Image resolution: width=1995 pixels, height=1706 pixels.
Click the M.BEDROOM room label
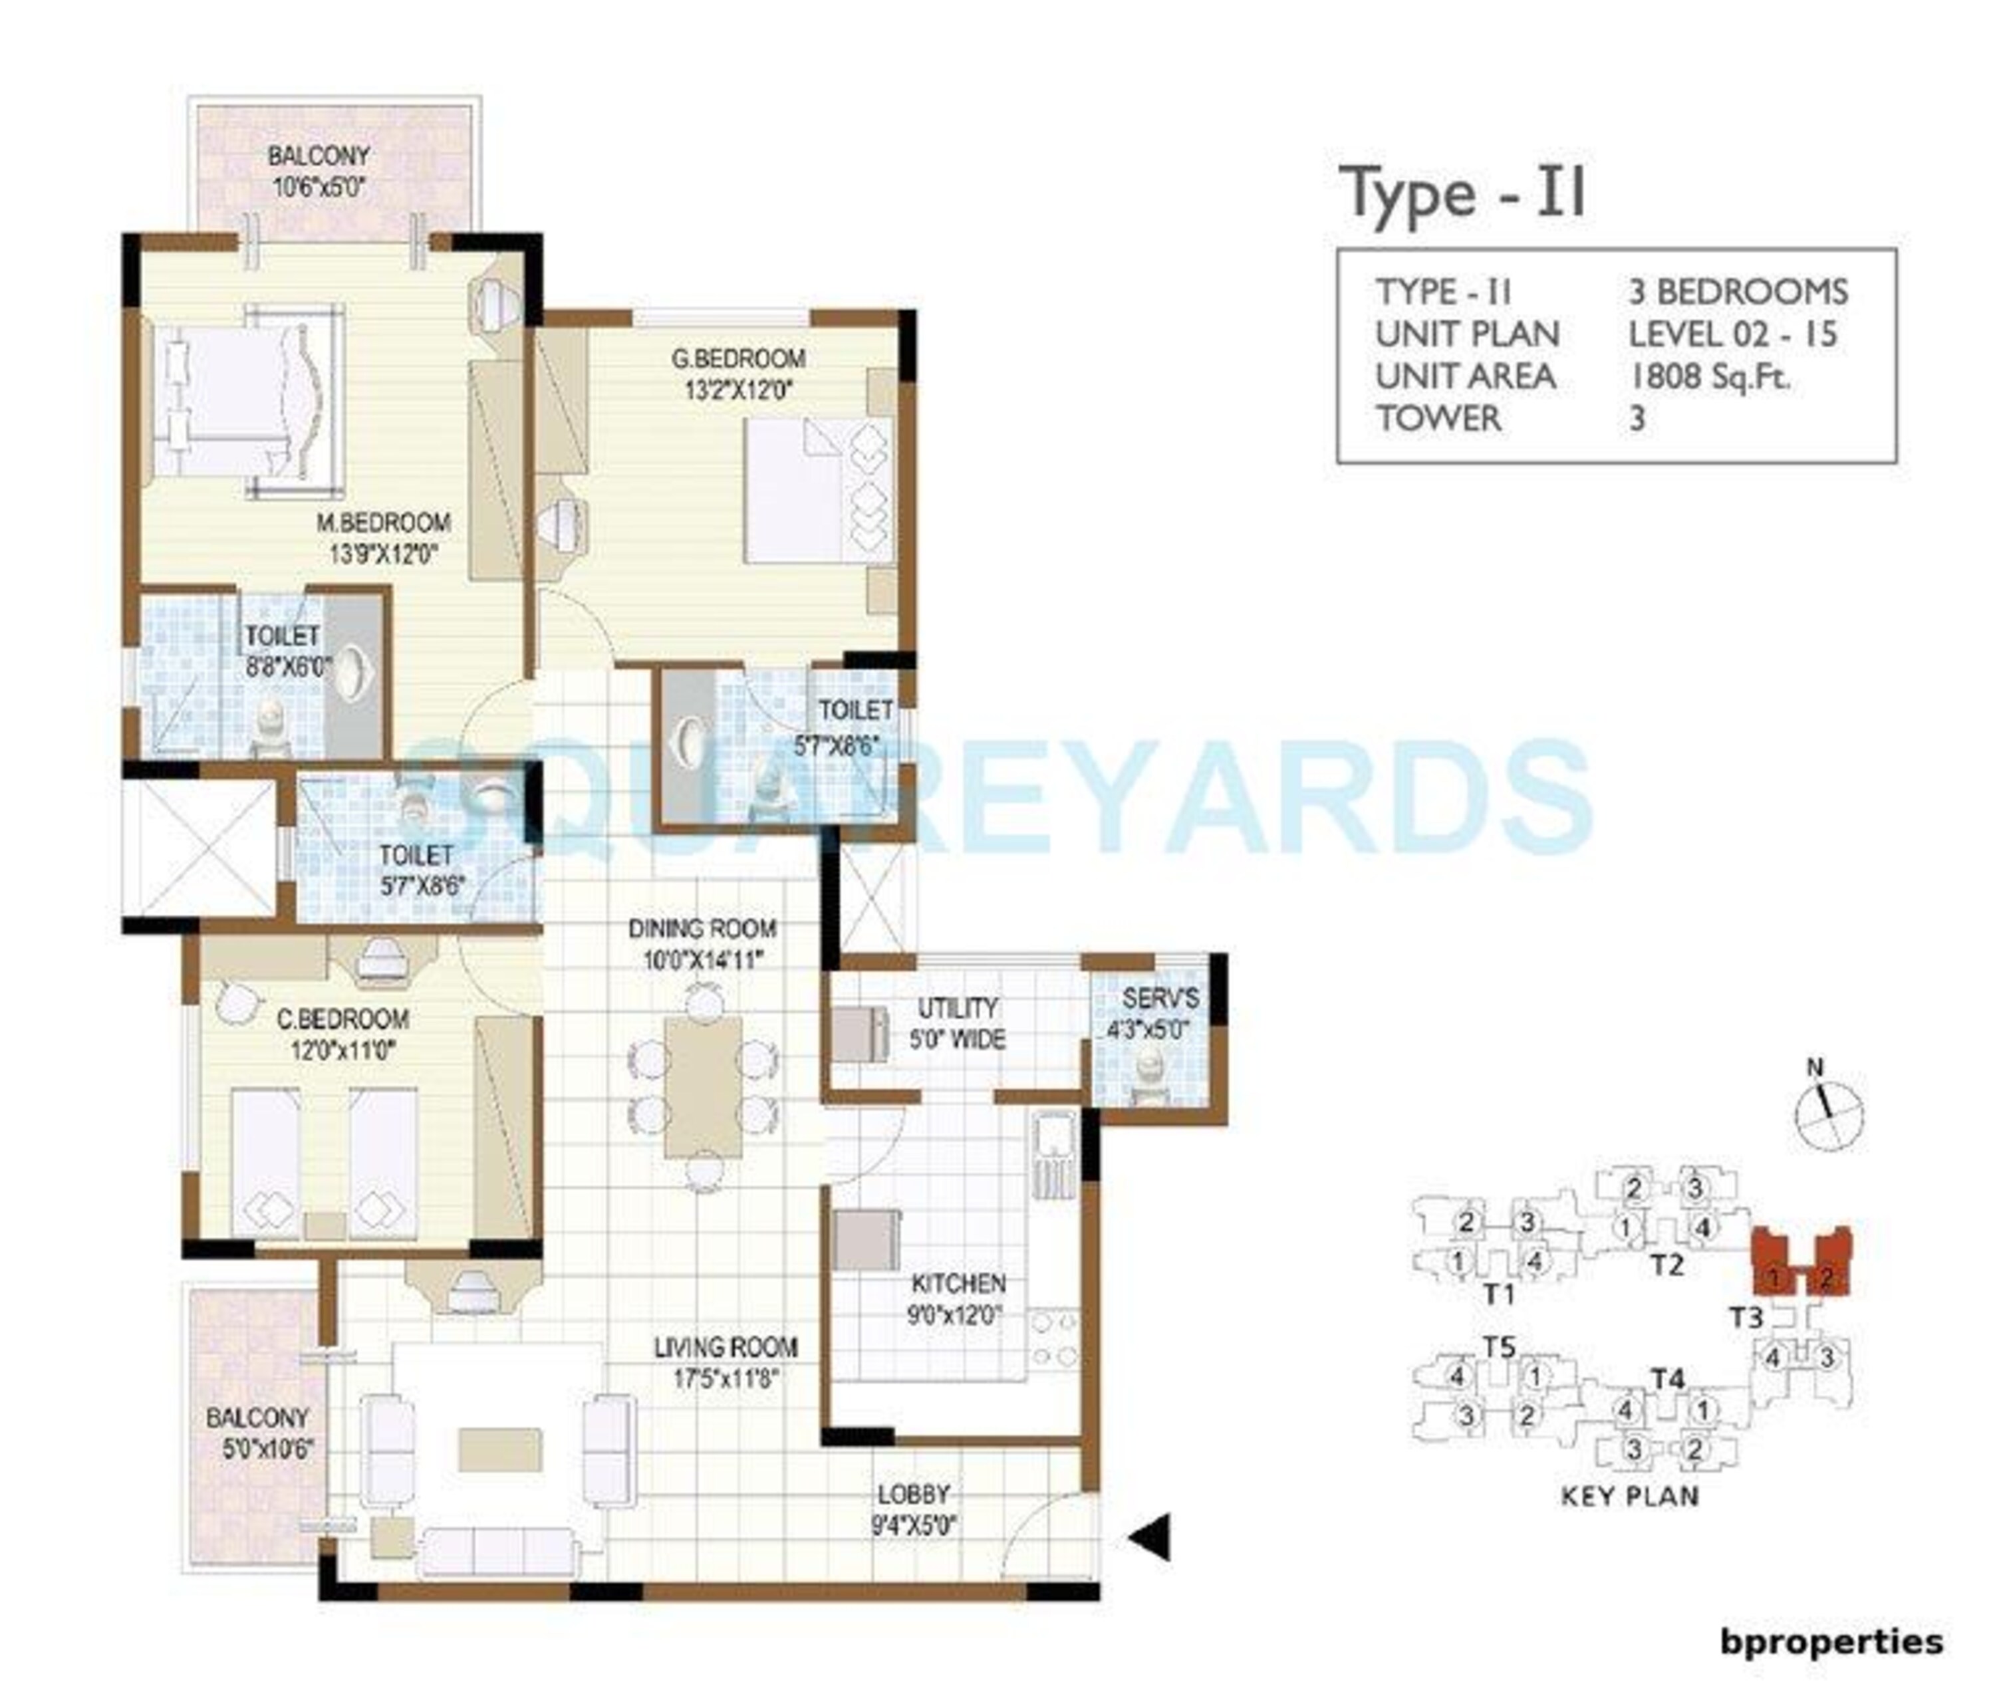(383, 523)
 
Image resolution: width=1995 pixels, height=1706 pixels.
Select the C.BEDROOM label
(342, 1019)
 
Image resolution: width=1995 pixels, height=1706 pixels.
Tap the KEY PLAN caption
(1629, 1496)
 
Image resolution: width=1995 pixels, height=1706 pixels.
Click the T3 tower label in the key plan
(1746, 1316)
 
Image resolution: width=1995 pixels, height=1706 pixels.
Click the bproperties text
(1831, 1641)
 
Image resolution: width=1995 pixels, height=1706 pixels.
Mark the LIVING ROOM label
(725, 1348)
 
